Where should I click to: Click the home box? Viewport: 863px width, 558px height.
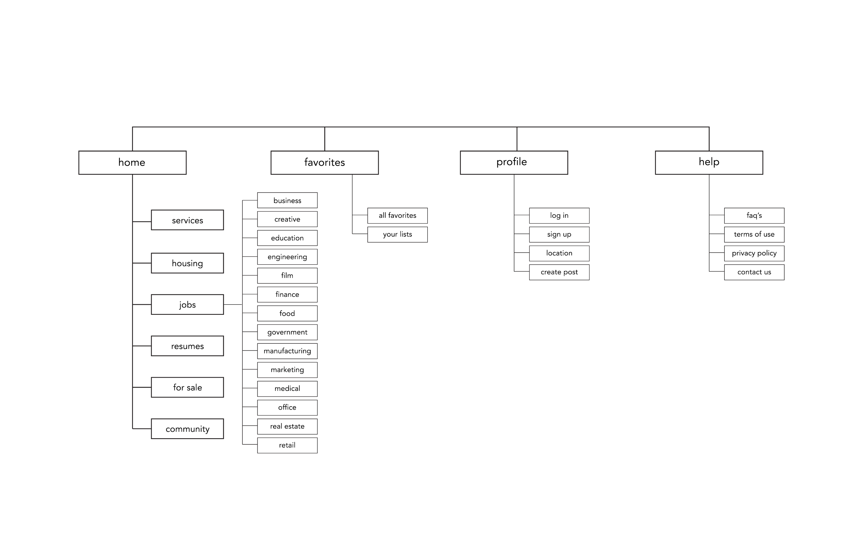(132, 163)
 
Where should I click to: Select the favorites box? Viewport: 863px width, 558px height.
(324, 163)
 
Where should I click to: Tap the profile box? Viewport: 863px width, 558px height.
(514, 163)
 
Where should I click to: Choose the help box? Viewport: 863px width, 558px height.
(709, 163)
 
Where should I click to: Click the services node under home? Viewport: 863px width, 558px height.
(187, 220)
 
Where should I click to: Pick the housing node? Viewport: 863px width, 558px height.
(187, 263)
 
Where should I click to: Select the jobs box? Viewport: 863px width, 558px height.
(187, 305)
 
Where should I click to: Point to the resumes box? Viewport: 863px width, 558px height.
(187, 346)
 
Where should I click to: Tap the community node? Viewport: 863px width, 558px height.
(187, 429)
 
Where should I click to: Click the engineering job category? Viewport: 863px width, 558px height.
(287, 257)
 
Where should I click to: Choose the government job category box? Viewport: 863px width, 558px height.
(287, 332)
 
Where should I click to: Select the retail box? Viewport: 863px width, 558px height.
(287, 445)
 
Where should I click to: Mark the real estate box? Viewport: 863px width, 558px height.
(287, 427)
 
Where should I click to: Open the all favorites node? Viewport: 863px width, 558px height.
(397, 216)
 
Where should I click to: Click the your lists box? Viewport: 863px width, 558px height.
(397, 234)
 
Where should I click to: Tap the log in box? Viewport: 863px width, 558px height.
(559, 216)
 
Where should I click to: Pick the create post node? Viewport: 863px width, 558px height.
(559, 272)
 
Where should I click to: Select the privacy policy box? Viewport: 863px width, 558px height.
(754, 253)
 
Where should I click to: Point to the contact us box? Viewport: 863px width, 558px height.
(754, 272)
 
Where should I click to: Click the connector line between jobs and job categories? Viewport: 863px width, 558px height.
(233, 305)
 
